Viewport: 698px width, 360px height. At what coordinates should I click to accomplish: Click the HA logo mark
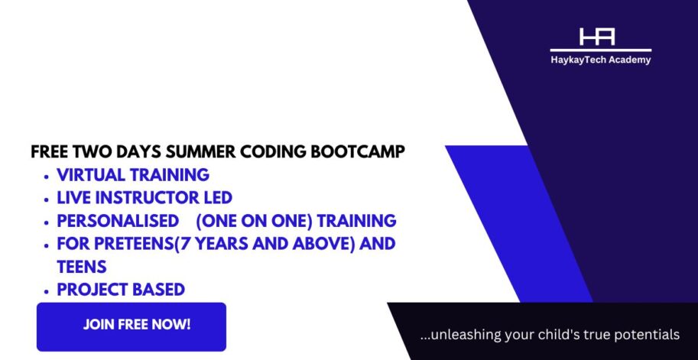pos(597,37)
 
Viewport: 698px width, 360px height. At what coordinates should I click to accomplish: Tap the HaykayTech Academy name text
pos(600,60)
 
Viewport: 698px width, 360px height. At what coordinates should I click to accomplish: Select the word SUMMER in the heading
pos(201,152)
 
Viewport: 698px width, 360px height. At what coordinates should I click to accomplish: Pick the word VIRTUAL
pos(91,175)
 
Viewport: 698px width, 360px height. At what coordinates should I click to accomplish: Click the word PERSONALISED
pos(115,221)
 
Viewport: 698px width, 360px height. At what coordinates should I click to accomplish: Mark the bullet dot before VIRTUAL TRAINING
pos(47,177)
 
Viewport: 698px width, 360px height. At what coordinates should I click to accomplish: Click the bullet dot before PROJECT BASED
pos(47,291)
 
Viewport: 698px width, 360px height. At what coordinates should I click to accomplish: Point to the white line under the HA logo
pos(600,50)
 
